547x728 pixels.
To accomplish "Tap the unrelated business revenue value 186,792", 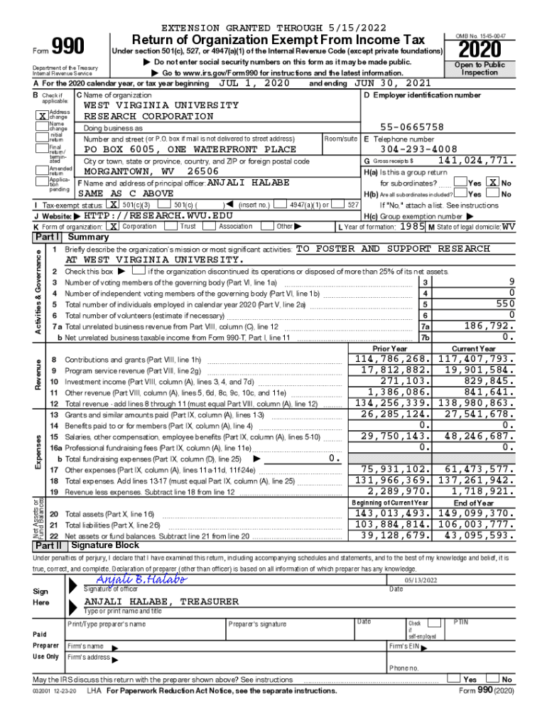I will pos(489,326).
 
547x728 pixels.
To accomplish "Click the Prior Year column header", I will pos(390,348).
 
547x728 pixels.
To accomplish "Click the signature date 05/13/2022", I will pos(421,580).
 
